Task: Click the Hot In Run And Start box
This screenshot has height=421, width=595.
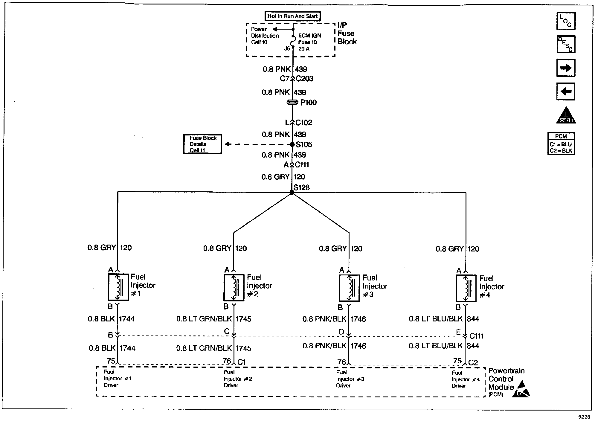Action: coord(292,16)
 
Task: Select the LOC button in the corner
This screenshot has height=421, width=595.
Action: coord(566,21)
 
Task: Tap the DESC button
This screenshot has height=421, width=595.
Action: coord(566,44)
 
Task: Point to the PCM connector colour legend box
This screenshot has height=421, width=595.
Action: coord(561,144)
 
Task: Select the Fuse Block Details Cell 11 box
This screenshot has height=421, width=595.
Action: coord(202,144)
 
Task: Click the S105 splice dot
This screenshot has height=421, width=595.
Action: coord(292,144)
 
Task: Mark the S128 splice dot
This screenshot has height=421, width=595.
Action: coord(292,193)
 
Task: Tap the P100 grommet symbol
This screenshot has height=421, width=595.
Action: coord(292,102)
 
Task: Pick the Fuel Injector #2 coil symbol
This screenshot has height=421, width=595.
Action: coord(234,288)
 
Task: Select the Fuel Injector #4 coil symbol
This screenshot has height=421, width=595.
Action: coord(466,289)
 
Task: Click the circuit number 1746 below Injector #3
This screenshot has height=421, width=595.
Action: coord(358,319)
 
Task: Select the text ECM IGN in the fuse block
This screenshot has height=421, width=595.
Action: coord(309,36)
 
